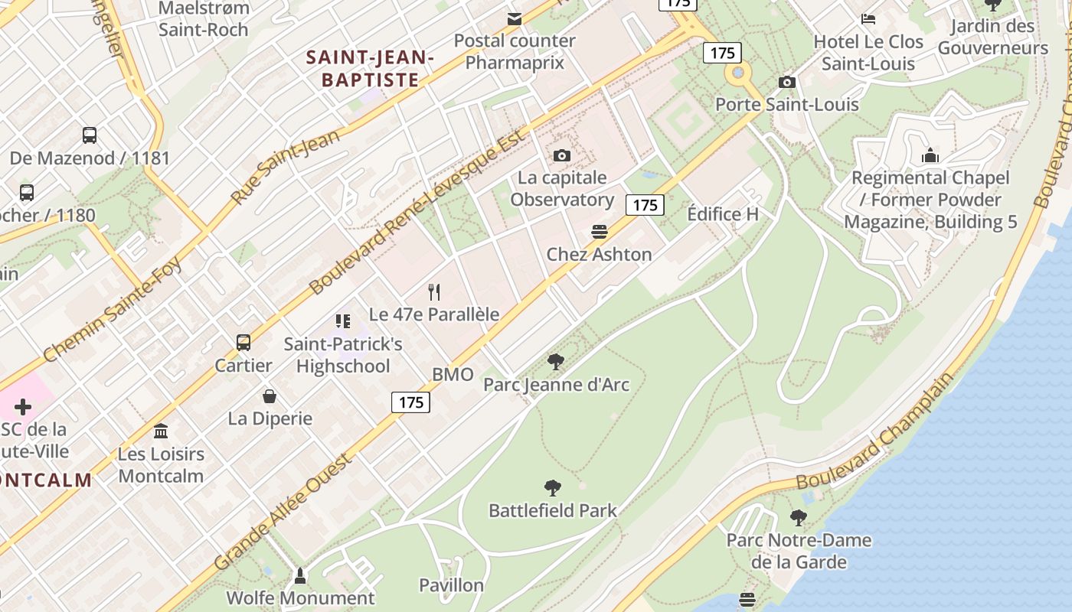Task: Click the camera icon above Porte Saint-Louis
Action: pyautogui.click(x=786, y=82)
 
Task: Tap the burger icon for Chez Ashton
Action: pyautogui.click(x=600, y=232)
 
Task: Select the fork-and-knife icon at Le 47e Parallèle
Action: pyautogui.click(x=434, y=291)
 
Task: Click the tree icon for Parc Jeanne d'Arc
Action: pyautogui.click(x=556, y=362)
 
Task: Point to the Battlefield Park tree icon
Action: pyautogui.click(x=552, y=488)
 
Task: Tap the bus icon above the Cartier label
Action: pyautogui.click(x=243, y=343)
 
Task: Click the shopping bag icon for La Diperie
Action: pyautogui.click(x=270, y=396)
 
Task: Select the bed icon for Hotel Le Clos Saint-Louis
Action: pyautogui.click(x=868, y=19)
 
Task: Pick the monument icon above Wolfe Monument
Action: pyautogui.click(x=300, y=575)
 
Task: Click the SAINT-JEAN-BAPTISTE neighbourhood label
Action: pyautogui.click(x=371, y=68)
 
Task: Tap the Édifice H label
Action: pyautogui.click(x=723, y=214)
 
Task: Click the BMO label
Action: pyautogui.click(x=453, y=375)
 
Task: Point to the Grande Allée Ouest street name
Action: pyautogui.click(x=284, y=512)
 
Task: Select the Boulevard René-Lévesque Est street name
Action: pyautogui.click(x=419, y=213)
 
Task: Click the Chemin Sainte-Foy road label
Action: pyautogui.click(x=113, y=309)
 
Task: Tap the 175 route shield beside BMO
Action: pyautogui.click(x=410, y=402)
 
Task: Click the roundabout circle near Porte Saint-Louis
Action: pyautogui.click(x=738, y=73)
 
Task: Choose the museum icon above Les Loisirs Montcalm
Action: pyautogui.click(x=161, y=431)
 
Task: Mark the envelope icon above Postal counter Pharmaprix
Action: pyautogui.click(x=514, y=18)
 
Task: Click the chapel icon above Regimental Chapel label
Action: pyautogui.click(x=930, y=156)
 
